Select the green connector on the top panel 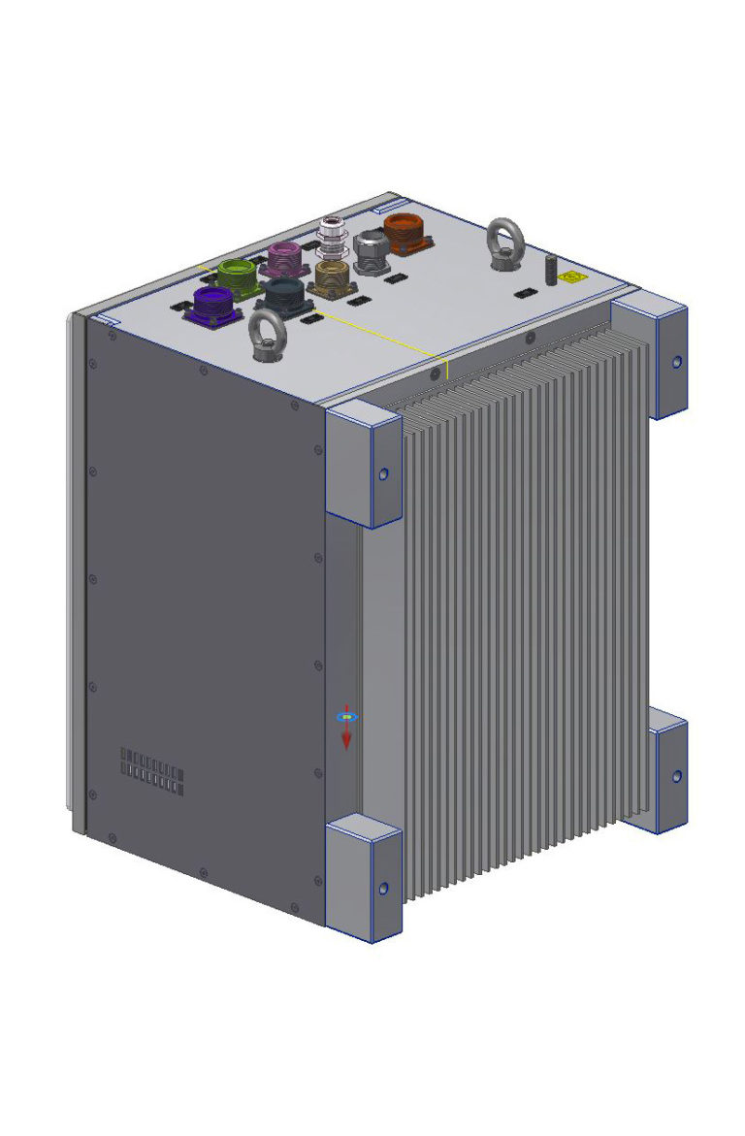pyautogui.click(x=236, y=276)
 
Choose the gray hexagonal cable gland pyautogui.click(x=371, y=249)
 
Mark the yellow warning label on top pyautogui.click(x=568, y=276)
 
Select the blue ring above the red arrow pyautogui.click(x=346, y=717)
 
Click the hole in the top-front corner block pyautogui.click(x=383, y=473)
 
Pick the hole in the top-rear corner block pyautogui.click(x=676, y=362)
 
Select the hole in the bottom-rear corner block pyautogui.click(x=676, y=775)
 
